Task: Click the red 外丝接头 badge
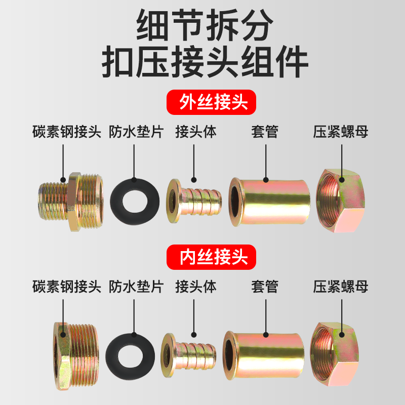click(x=212, y=103)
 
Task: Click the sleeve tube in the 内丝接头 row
click(x=263, y=350)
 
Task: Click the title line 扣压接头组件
click(x=205, y=63)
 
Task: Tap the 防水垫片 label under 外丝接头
click(x=136, y=133)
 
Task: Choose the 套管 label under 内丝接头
click(x=265, y=287)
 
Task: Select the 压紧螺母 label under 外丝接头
click(x=340, y=133)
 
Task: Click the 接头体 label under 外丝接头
click(x=195, y=133)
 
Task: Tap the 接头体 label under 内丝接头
click(x=195, y=287)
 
